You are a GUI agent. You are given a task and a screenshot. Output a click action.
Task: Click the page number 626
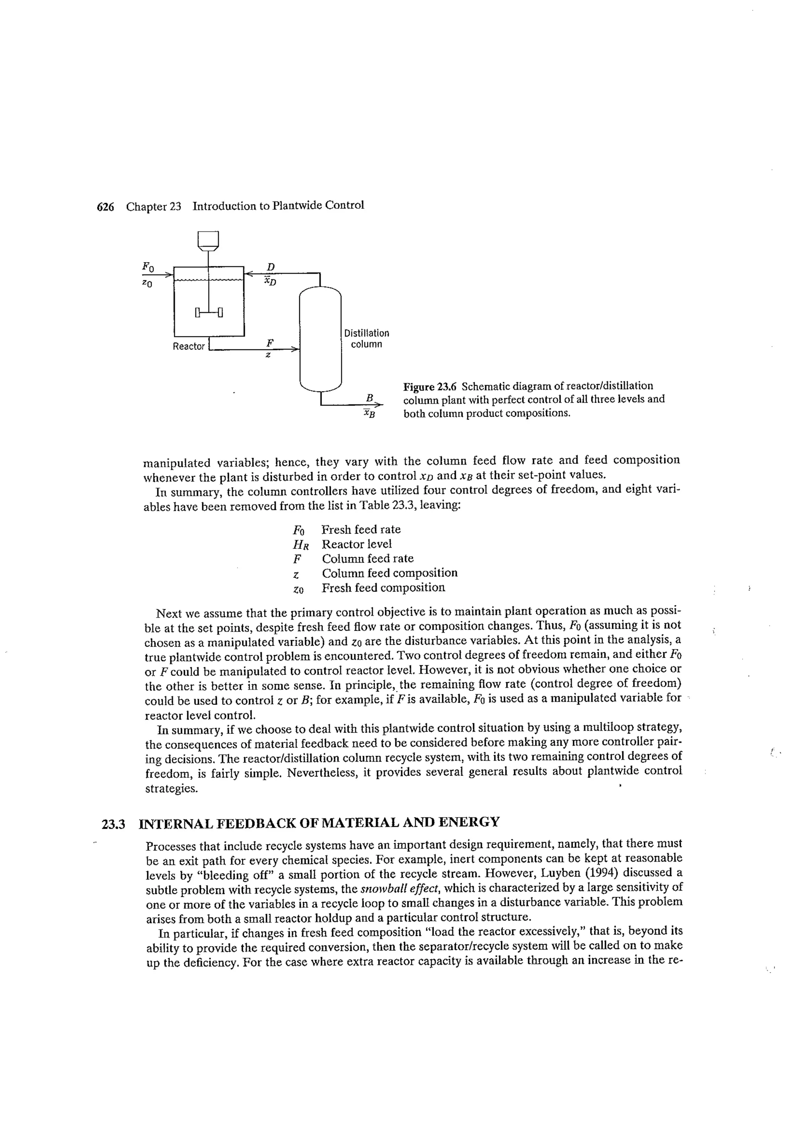tap(105, 207)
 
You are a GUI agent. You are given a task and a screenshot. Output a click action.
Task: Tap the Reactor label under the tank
tap(188, 347)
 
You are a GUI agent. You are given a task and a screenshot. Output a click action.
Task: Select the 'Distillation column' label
tap(366, 339)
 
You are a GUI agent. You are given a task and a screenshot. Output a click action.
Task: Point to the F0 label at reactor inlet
tap(148, 267)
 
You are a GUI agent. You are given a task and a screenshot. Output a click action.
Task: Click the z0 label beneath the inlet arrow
tap(147, 284)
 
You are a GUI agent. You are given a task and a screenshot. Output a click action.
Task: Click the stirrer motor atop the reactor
tap(208, 241)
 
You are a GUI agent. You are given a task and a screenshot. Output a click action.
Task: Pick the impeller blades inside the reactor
tap(209, 312)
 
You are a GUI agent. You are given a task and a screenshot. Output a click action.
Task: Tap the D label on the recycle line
tap(270, 267)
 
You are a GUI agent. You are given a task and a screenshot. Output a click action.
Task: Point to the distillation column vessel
tap(320, 339)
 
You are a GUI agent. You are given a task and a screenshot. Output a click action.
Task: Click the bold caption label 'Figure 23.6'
tap(430, 386)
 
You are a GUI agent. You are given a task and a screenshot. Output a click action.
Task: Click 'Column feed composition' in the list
tap(389, 573)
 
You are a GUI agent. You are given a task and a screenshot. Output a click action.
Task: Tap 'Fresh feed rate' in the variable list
tap(361, 529)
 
